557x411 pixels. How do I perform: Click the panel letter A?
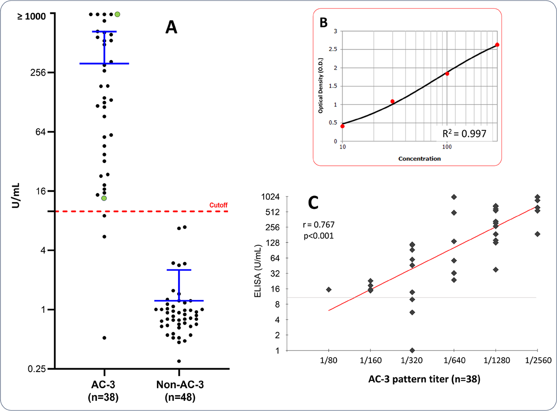(171, 29)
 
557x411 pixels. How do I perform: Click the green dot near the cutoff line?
(104, 198)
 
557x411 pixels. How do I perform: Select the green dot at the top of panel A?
(117, 14)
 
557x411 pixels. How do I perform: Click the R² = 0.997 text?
(465, 134)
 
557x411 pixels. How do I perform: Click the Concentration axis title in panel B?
(419, 158)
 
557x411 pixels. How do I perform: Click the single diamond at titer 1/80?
(329, 289)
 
